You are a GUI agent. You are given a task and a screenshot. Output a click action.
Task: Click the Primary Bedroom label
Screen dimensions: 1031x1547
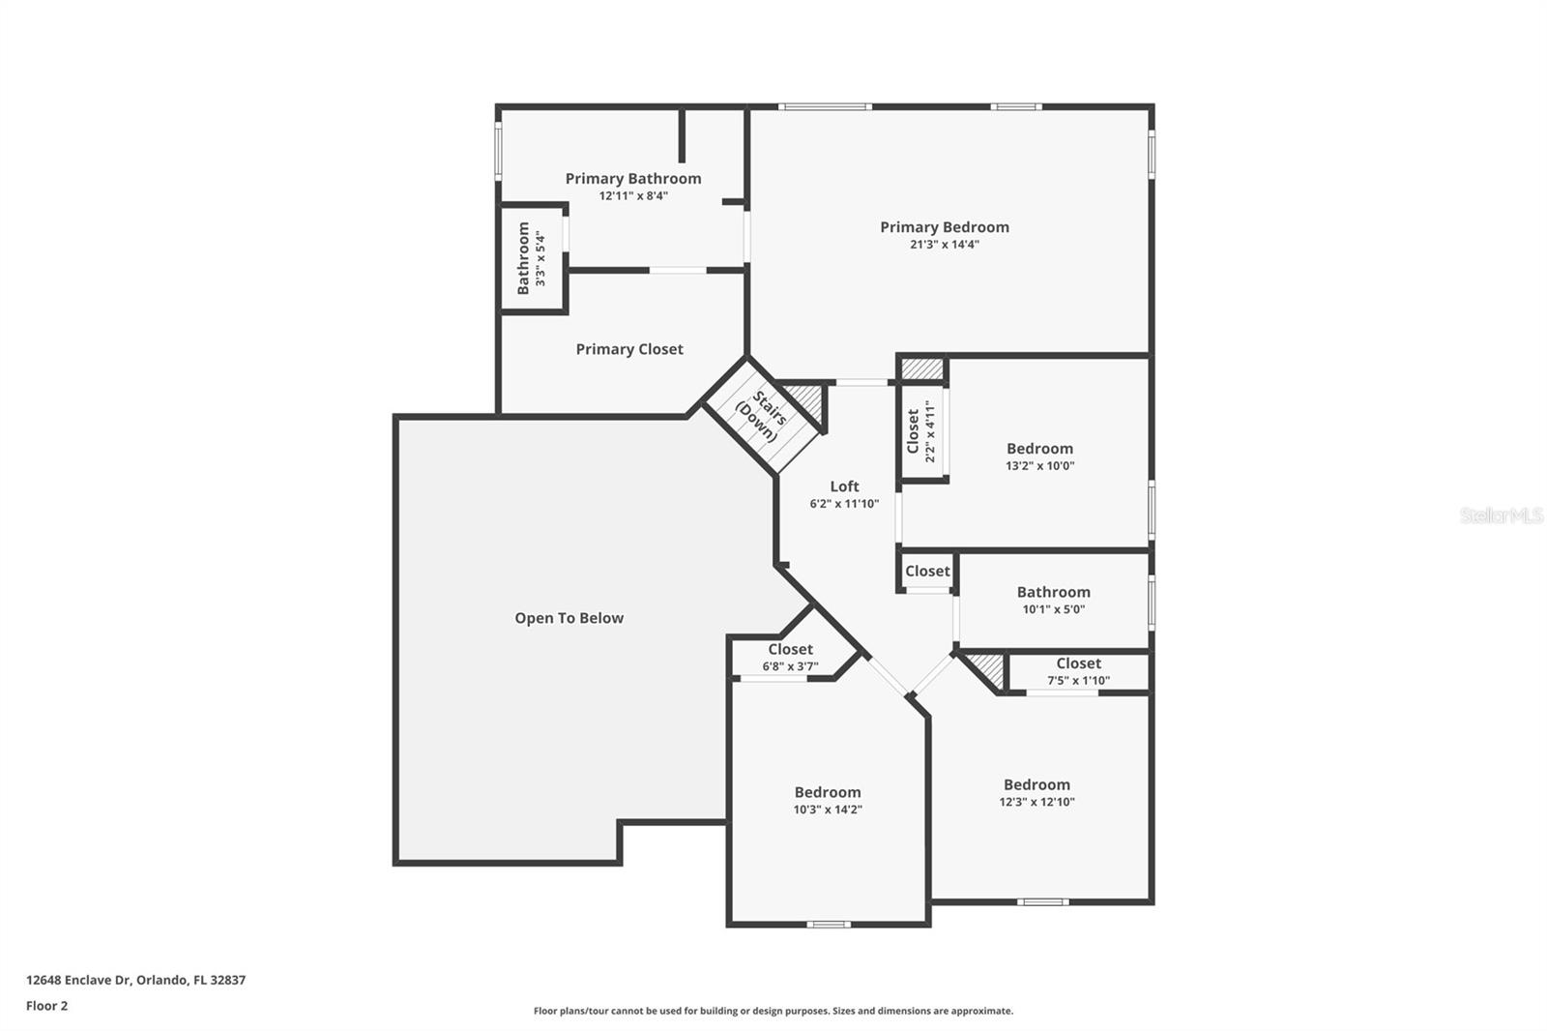[944, 227]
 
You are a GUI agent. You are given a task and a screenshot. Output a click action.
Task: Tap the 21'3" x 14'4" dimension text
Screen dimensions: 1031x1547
[944, 245]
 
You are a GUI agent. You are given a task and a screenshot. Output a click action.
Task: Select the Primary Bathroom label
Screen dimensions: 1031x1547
[633, 179]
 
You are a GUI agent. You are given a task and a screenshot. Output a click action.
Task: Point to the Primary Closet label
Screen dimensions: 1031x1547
[629, 349]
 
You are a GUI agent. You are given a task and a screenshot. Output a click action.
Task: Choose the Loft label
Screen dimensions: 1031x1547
[844, 486]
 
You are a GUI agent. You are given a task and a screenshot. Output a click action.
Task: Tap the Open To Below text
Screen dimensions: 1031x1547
[569, 618]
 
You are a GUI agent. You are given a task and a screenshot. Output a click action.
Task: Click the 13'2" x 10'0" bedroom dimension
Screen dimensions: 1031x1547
[1039, 466]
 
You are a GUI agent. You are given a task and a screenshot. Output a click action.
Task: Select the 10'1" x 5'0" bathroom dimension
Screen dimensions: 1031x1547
[1053, 609]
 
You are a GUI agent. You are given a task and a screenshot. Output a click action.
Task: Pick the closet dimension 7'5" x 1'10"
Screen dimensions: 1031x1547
[1078, 681]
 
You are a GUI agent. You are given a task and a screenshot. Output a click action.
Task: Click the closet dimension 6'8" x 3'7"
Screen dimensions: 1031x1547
[790, 666]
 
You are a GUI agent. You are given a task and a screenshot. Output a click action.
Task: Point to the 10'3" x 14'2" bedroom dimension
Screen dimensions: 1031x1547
[828, 810]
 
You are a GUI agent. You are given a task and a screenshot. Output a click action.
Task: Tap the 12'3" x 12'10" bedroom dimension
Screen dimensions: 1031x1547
[1036, 802]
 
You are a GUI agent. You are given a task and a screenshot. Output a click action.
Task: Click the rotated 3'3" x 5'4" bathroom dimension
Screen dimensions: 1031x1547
[540, 258]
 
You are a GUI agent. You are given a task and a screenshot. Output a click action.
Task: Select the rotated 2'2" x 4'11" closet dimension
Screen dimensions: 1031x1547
[930, 431]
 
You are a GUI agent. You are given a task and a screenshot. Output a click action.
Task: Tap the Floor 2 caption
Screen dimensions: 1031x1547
[46, 1006]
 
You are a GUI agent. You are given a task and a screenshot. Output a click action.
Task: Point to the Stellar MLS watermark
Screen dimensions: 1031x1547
[1501, 515]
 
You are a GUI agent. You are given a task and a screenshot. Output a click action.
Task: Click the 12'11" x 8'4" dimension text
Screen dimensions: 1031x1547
[633, 196]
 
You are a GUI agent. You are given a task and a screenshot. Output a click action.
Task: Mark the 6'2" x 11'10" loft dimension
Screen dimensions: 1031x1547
[844, 504]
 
